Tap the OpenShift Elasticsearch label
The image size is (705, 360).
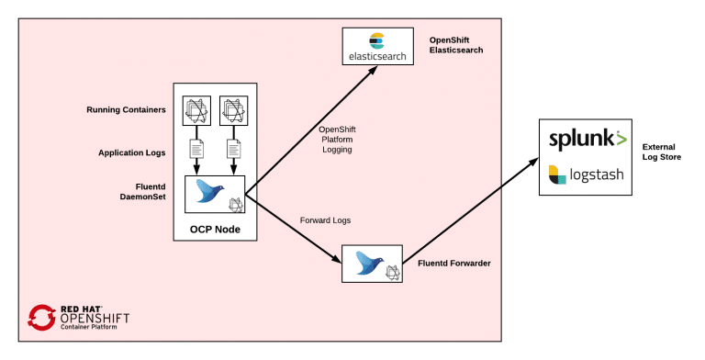[x=456, y=45]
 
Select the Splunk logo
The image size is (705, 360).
[x=588, y=140]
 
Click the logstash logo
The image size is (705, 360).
[x=588, y=174]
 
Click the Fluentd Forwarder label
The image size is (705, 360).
[x=452, y=263]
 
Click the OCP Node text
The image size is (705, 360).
[x=216, y=229]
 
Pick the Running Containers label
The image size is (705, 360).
[x=126, y=110]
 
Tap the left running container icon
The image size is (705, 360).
[x=196, y=109]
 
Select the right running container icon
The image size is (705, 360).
[x=234, y=109]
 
